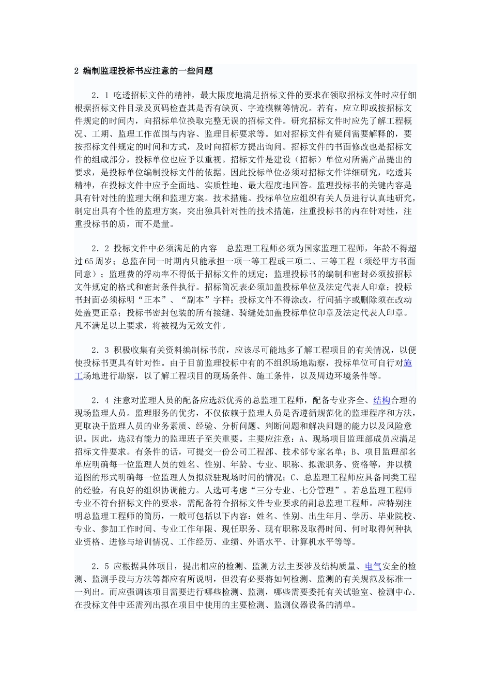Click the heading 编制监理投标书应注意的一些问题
tap(148, 71)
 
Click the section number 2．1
tap(99, 96)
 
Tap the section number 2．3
tap(99, 350)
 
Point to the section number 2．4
tap(99, 400)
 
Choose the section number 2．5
tap(99, 566)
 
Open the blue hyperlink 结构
tap(381, 400)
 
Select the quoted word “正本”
tap(155, 299)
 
